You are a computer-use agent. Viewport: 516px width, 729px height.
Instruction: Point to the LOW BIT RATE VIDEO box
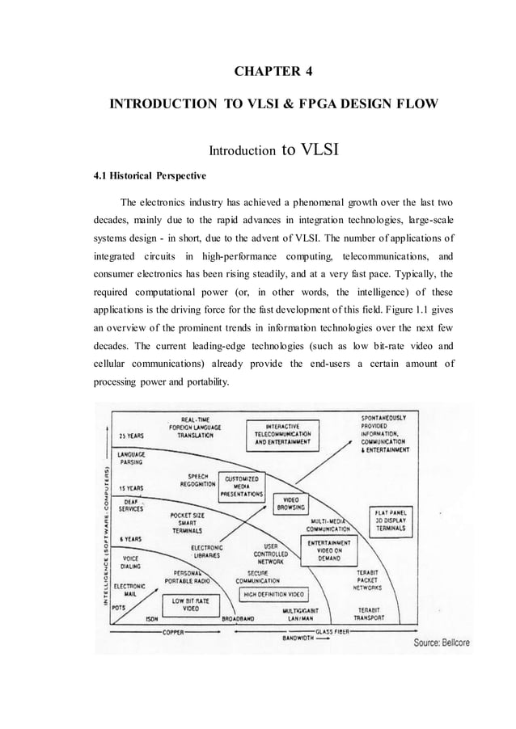click(x=190, y=605)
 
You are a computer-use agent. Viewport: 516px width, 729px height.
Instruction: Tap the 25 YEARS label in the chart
click(x=131, y=436)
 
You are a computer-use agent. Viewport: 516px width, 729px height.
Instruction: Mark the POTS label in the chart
click(x=119, y=605)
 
